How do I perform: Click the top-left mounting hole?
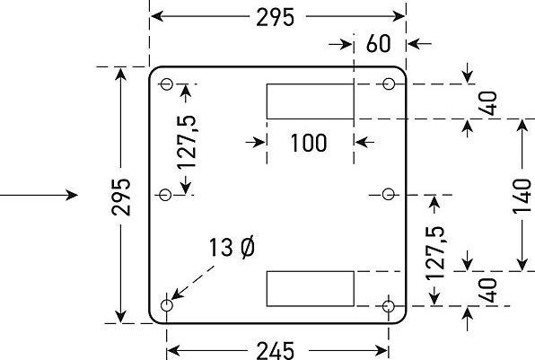coord(166,84)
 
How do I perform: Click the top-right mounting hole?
coord(389,84)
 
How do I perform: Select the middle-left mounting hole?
coord(165,195)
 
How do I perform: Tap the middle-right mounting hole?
coord(389,195)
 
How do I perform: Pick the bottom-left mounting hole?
coord(166,305)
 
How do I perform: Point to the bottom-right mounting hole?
coord(389,306)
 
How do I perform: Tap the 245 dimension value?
coord(275,350)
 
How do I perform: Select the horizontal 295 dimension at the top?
coord(275,17)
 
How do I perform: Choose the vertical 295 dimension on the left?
coord(121,197)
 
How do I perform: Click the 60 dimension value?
coord(379,44)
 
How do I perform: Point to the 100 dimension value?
coord(309,143)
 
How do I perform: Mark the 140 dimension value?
coord(522,197)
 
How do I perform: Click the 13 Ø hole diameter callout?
coord(232,247)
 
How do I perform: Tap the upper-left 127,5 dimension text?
coord(187,142)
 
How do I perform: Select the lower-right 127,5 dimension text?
coord(435,252)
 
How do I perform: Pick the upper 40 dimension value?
coord(487,103)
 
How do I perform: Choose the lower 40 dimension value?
coord(487,290)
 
